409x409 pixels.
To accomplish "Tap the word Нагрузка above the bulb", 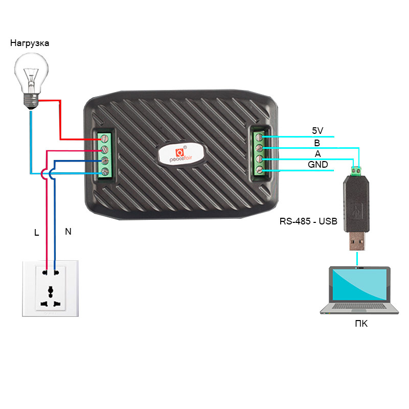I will [x=30, y=43].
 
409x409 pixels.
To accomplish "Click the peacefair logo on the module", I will [x=180, y=154].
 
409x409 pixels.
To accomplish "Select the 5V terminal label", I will [x=317, y=131].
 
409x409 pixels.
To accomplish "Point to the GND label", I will [x=317, y=165].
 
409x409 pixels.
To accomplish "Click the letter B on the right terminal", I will [x=317, y=143].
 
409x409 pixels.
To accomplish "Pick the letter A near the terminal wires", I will [x=317, y=154].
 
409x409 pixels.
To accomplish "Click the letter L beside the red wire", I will [x=36, y=233].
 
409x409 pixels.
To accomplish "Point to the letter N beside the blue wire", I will [x=68, y=232].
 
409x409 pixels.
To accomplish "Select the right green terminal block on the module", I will [x=260, y=153].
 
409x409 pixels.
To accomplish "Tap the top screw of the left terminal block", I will [x=105, y=138].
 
